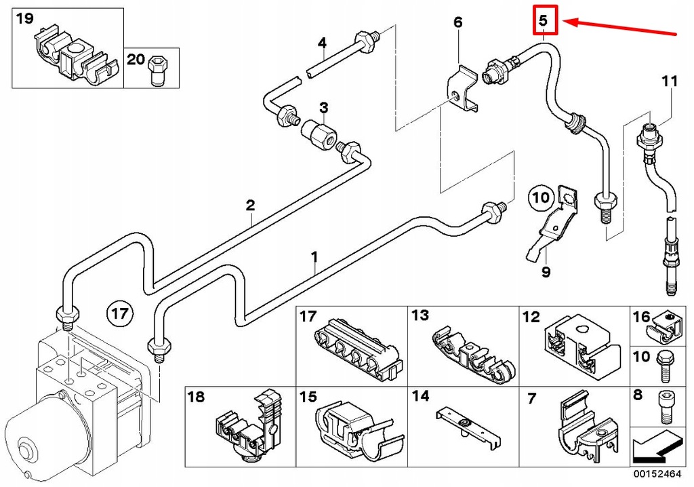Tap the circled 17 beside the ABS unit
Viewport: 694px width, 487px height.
(119, 314)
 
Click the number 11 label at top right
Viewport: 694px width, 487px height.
(669, 81)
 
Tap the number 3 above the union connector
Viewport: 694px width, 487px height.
(324, 107)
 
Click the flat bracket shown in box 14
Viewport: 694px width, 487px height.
(467, 425)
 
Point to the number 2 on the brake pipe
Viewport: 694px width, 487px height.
(250, 204)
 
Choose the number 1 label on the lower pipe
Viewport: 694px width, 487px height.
(314, 256)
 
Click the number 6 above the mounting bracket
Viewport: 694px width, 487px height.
(458, 23)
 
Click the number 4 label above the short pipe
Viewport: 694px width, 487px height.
(323, 44)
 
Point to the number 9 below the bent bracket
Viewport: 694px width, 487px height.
(546, 273)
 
